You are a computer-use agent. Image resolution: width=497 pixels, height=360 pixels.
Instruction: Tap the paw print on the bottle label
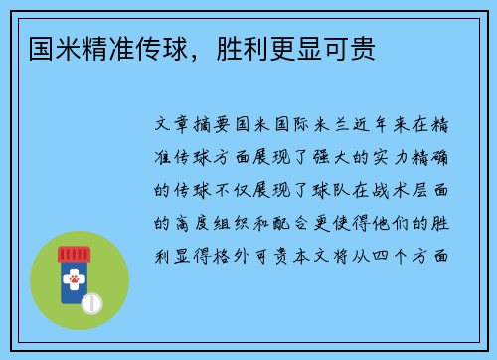point(73,283)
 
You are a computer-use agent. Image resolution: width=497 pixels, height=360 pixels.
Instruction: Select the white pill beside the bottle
point(91,301)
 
